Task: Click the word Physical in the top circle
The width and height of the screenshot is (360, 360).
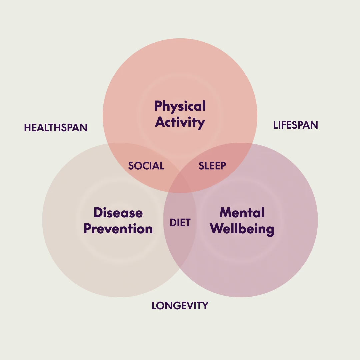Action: (180, 106)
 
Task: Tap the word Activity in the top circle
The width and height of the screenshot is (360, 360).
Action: (180, 122)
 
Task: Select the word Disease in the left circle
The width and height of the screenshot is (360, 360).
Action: (118, 213)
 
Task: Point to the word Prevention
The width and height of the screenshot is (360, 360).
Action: (118, 229)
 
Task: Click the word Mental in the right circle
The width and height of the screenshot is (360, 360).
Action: (242, 213)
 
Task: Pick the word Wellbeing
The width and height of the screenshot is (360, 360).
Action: (242, 229)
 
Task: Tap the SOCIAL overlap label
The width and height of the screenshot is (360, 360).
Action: (146, 166)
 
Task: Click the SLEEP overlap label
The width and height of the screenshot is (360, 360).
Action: (212, 166)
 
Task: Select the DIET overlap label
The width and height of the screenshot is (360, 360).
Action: (180, 223)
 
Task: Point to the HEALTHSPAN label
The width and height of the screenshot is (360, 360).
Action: (56, 128)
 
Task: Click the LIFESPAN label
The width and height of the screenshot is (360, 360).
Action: (295, 125)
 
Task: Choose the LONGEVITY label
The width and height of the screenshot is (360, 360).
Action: (180, 306)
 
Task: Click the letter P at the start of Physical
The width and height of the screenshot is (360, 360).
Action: (158, 106)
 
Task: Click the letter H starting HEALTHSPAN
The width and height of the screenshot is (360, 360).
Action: (27, 128)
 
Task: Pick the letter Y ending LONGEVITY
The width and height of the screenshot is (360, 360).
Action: (205, 306)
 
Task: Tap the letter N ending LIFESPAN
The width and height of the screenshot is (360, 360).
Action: (314, 125)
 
